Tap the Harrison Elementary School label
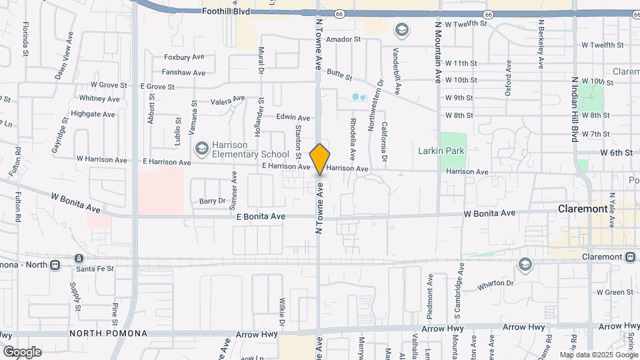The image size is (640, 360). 241,149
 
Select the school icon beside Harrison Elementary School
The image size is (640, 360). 201,147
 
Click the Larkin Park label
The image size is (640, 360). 441,151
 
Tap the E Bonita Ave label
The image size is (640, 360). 261,217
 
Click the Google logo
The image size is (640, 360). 22,351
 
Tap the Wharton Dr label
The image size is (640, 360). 495,286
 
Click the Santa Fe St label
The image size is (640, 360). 95,268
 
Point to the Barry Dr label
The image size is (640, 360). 213,201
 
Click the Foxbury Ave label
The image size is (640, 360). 184,57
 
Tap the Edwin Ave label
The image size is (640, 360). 293,117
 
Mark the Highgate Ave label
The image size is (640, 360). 93,114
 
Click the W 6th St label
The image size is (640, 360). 615,153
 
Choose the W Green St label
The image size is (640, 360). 615,292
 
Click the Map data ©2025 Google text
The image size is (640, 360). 597,355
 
